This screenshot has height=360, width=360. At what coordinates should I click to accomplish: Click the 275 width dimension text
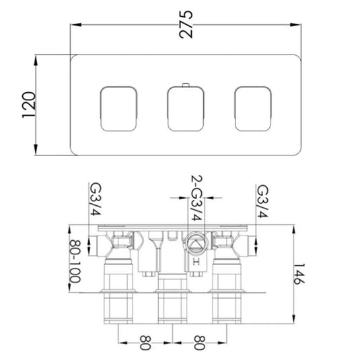point(186,24)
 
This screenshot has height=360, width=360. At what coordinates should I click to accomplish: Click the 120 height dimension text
point(29,105)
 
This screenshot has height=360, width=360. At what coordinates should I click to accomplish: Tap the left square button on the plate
point(118,109)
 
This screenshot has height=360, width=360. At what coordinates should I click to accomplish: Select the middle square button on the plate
point(186,109)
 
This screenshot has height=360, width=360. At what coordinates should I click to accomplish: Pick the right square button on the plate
point(253,109)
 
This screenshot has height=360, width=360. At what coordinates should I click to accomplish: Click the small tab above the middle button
point(186,85)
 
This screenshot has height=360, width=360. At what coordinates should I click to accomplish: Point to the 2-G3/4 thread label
point(196,198)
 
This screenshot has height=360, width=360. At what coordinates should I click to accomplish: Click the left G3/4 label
point(96,199)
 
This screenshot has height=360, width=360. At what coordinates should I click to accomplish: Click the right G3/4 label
point(262,201)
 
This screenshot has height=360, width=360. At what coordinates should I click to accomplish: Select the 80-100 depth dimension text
point(75,261)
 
